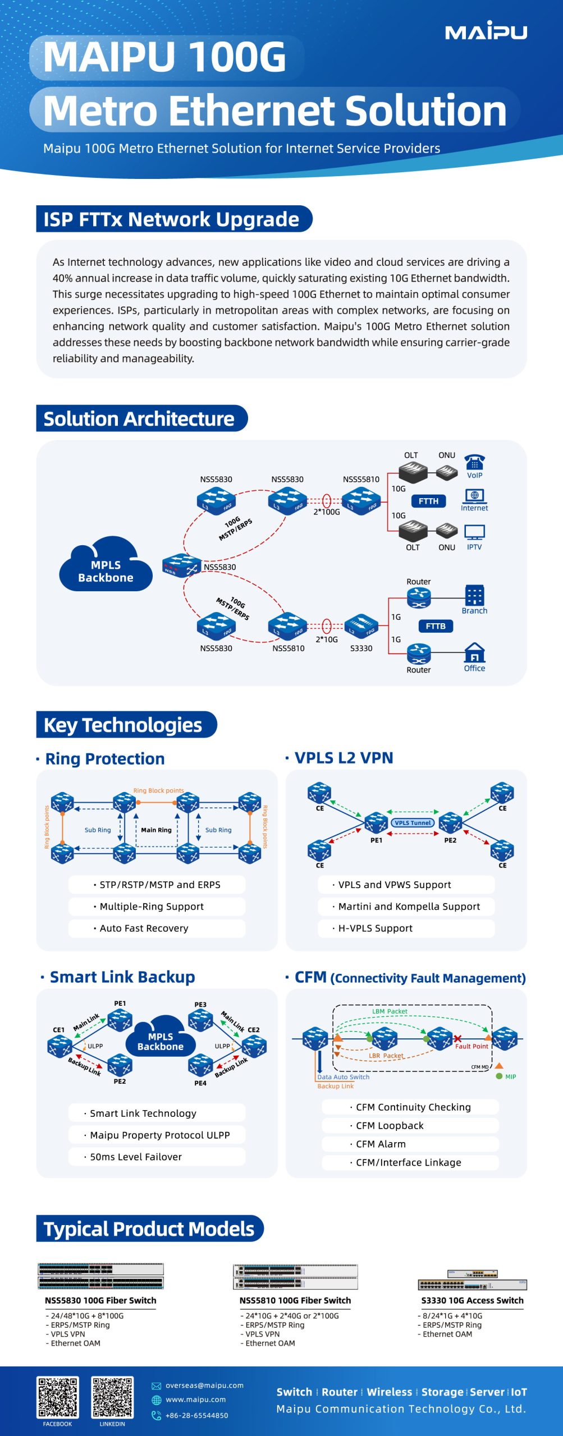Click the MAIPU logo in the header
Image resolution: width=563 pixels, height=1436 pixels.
click(x=486, y=31)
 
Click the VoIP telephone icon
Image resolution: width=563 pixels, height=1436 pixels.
click(x=474, y=462)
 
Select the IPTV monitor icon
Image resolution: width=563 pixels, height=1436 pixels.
click(x=474, y=532)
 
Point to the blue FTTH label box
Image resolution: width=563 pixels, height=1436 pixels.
click(x=428, y=501)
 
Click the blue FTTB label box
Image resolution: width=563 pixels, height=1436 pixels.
click(x=436, y=626)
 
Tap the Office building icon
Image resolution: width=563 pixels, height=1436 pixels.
click(x=475, y=653)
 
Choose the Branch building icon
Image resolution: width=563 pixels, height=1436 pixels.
click(x=474, y=595)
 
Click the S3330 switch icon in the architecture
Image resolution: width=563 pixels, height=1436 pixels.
click(x=361, y=626)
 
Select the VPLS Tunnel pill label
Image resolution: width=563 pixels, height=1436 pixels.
click(x=413, y=823)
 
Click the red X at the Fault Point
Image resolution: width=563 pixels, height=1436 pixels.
click(x=457, y=1039)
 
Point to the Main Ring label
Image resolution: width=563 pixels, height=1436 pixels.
click(x=156, y=830)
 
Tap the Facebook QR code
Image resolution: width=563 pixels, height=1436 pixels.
click(x=57, y=1397)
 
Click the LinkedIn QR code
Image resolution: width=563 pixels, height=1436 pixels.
click(x=112, y=1397)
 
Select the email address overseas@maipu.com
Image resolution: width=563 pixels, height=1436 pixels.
click(x=204, y=1385)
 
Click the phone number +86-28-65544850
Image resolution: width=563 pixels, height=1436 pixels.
click(x=196, y=1415)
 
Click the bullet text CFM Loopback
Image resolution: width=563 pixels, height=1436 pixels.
click(x=390, y=1125)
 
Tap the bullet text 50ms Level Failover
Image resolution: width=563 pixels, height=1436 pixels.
click(x=136, y=1157)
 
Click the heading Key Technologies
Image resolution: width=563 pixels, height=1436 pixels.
click(x=123, y=725)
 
